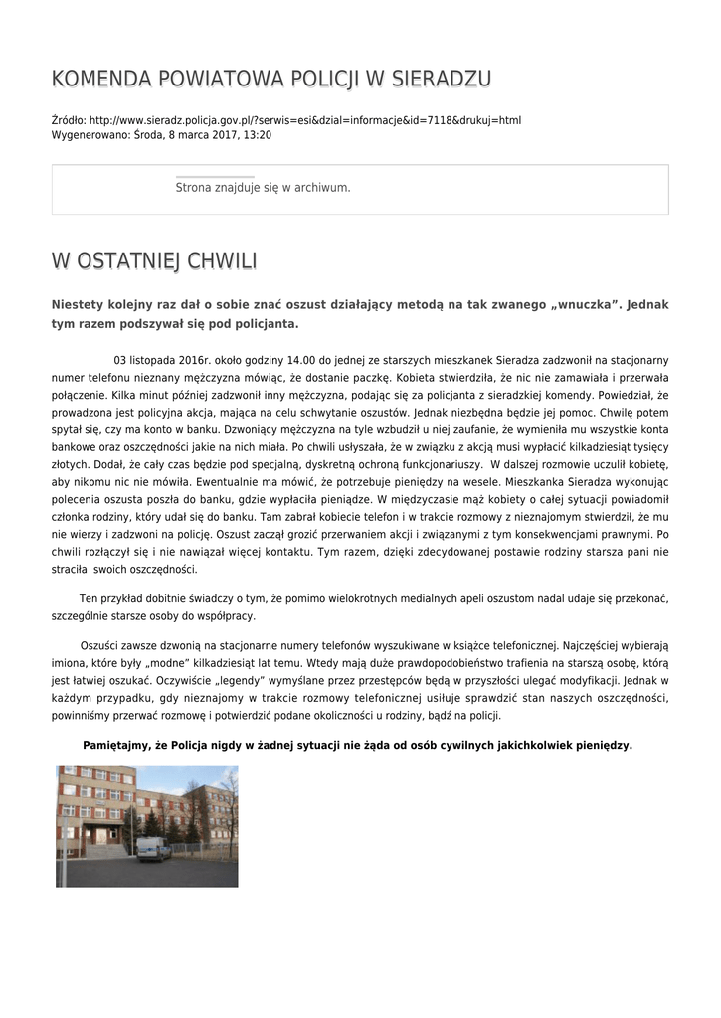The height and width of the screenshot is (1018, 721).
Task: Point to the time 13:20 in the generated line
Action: click(258, 134)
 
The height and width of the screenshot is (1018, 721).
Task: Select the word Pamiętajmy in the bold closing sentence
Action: click(115, 745)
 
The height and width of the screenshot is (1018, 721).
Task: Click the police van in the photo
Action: click(153, 848)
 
